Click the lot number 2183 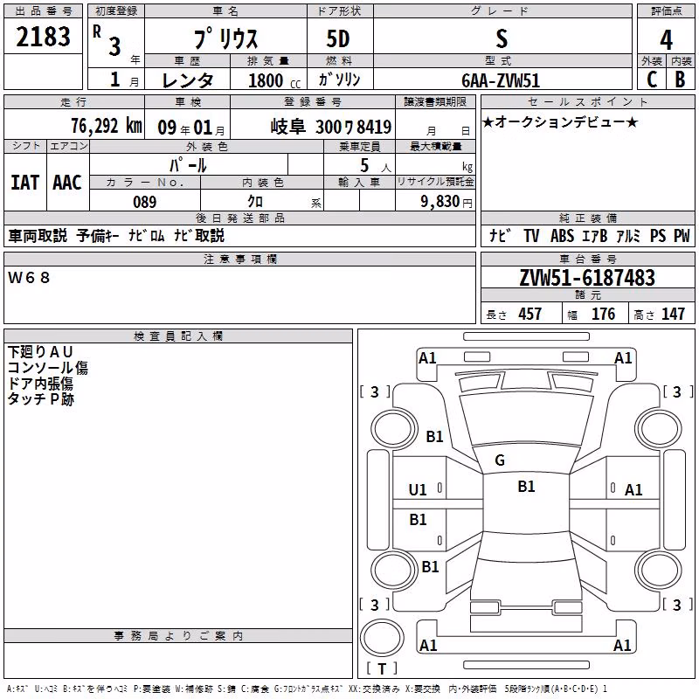click(43, 37)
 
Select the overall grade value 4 click(666, 40)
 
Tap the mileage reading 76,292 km click(107, 126)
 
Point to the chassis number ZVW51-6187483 click(587, 278)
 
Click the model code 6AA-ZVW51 click(501, 80)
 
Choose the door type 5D click(338, 39)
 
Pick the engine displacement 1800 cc click(274, 80)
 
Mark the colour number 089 click(144, 202)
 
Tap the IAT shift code click(25, 183)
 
